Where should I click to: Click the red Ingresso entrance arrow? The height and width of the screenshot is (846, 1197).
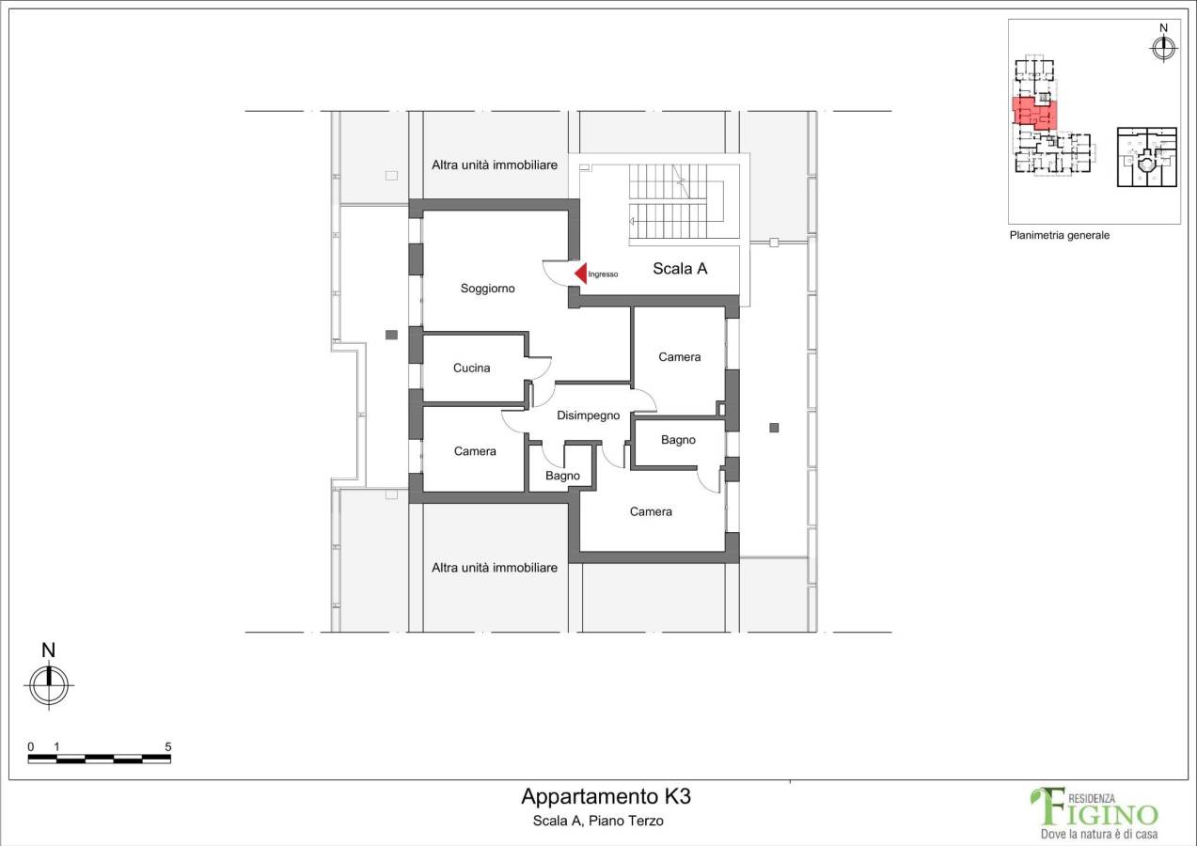pos(581,274)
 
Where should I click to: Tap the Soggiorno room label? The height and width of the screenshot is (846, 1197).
pos(487,289)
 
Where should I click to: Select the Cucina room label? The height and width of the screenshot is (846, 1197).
pos(471,368)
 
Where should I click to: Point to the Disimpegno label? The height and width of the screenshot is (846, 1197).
pos(589,415)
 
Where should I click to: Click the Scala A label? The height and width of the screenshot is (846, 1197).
pos(680,269)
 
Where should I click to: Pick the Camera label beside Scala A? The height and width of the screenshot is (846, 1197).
pos(679,357)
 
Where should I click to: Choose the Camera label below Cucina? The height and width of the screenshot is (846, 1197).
pos(475,451)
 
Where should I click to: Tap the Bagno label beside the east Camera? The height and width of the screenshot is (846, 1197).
pos(678,440)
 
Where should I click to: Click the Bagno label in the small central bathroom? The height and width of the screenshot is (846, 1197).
pos(562,476)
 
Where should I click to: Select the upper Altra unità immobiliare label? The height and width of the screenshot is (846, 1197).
pos(495,165)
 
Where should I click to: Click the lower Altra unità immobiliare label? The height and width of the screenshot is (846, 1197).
pos(495,568)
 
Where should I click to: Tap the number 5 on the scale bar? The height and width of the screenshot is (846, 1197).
pos(167,746)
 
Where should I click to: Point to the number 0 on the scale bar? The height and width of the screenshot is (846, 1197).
pos(30,746)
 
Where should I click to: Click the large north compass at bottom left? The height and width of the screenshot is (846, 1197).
pos(49,684)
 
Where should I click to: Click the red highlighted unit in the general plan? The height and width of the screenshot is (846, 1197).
pos(1034,113)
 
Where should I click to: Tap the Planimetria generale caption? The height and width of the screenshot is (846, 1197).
pos(1059,236)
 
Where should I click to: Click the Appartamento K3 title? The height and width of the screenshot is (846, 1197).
pos(606,796)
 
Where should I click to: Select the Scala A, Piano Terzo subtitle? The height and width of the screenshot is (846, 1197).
pos(598,821)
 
